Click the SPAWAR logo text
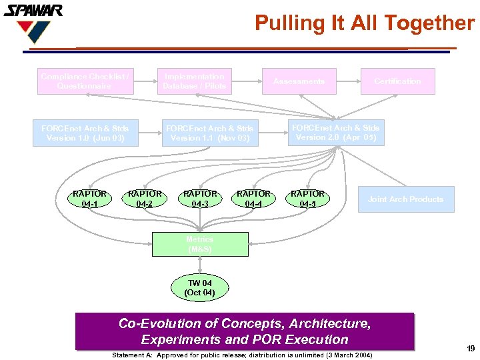tap(33, 10)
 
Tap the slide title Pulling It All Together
tap(364, 23)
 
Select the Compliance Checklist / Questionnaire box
tap(85, 81)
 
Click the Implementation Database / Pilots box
tap(195, 81)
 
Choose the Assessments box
tap(299, 81)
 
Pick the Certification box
tap(397, 81)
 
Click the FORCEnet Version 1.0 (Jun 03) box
tap(85, 133)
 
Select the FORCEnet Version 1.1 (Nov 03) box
tap(209, 133)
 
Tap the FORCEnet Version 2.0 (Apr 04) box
tap(335, 132)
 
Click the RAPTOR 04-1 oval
tap(90, 199)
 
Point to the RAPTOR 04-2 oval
tap(144, 199)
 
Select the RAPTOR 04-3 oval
tap(199, 199)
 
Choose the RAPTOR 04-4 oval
tap(253, 199)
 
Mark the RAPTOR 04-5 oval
tap(307, 199)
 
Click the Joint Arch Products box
tap(405, 199)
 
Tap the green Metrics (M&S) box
tap(200, 244)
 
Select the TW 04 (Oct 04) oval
tap(199, 288)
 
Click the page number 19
tap(471, 348)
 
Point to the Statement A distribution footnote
tap(243, 355)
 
